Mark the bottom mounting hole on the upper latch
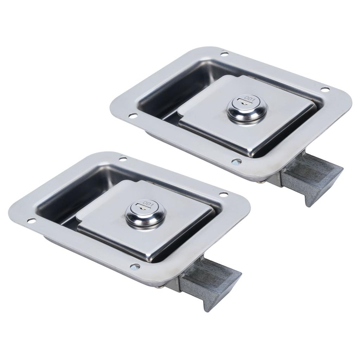point(236,162)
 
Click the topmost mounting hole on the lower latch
point(123,159)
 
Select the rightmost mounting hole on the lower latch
point(223,194)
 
